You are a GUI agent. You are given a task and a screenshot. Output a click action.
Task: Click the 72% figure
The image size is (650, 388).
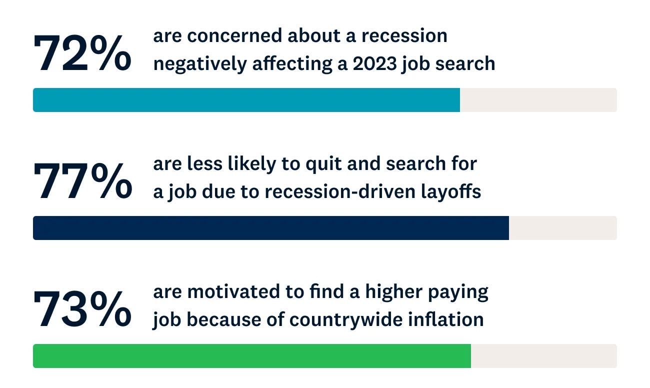[82, 52]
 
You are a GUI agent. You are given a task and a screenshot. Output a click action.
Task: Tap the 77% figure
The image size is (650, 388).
[83, 181]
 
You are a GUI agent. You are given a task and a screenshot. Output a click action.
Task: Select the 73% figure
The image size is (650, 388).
[82, 308]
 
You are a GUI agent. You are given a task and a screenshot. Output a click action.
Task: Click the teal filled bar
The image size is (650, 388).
[246, 100]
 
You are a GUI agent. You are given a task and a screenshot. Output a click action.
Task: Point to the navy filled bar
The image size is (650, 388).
[271, 228]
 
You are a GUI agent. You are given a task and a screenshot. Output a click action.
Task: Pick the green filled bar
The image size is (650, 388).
[252, 356]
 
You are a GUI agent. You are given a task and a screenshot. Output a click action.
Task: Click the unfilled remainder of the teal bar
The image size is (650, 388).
[538, 100]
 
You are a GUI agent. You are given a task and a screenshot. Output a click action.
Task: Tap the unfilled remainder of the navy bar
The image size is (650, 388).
[563, 228]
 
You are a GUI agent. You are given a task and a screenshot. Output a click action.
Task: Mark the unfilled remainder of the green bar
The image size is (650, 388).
[544, 356]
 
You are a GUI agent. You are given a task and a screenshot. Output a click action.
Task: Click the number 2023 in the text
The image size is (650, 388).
[374, 64]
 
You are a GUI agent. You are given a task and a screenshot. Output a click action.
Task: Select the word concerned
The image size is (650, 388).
[234, 35]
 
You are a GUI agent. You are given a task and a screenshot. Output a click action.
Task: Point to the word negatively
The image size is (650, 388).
[200, 64]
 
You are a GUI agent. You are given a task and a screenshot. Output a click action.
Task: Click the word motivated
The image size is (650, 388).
[233, 291]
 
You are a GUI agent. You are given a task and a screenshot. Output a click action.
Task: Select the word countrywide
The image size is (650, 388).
[346, 320]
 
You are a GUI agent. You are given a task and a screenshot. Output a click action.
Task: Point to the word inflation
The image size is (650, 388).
[446, 319]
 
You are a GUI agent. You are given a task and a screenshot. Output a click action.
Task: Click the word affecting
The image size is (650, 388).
[292, 64]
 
